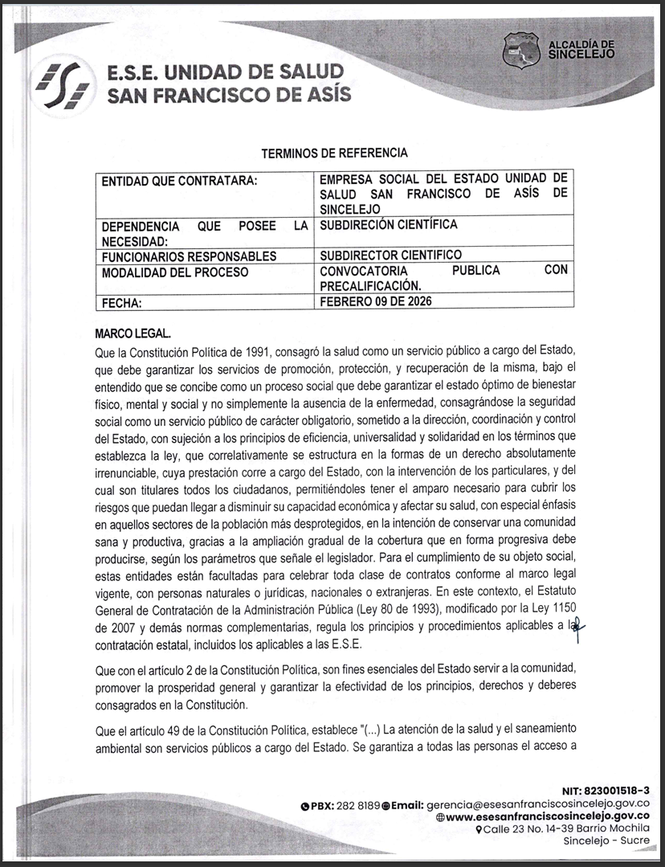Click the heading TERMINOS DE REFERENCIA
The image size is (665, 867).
point(335,153)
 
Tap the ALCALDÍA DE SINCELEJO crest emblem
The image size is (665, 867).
point(521,51)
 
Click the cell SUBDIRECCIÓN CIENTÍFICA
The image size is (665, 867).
point(388,224)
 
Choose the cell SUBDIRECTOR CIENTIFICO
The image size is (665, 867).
point(390,256)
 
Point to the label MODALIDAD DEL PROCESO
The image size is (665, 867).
point(175,272)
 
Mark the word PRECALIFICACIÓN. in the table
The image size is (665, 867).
point(370,286)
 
